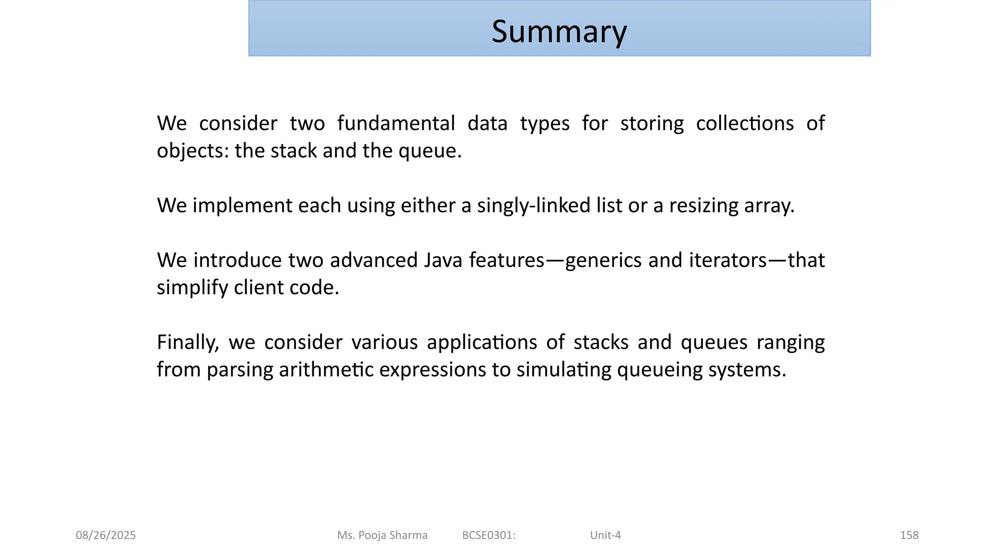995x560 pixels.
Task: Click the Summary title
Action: [559, 31]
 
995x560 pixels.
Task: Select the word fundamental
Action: [396, 123]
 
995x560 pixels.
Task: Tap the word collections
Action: [745, 123]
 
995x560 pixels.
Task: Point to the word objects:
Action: [193, 151]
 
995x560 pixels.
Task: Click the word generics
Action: [604, 261]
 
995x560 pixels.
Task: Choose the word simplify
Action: [192, 288]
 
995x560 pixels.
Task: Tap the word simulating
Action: [564, 370]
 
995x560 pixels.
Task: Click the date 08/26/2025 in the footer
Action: [106, 535]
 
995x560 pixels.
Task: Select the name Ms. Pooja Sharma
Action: [382, 535]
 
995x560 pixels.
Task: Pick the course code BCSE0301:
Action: [489, 535]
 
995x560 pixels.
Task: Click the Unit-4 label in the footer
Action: [605, 535]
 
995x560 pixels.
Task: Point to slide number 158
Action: [909, 535]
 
